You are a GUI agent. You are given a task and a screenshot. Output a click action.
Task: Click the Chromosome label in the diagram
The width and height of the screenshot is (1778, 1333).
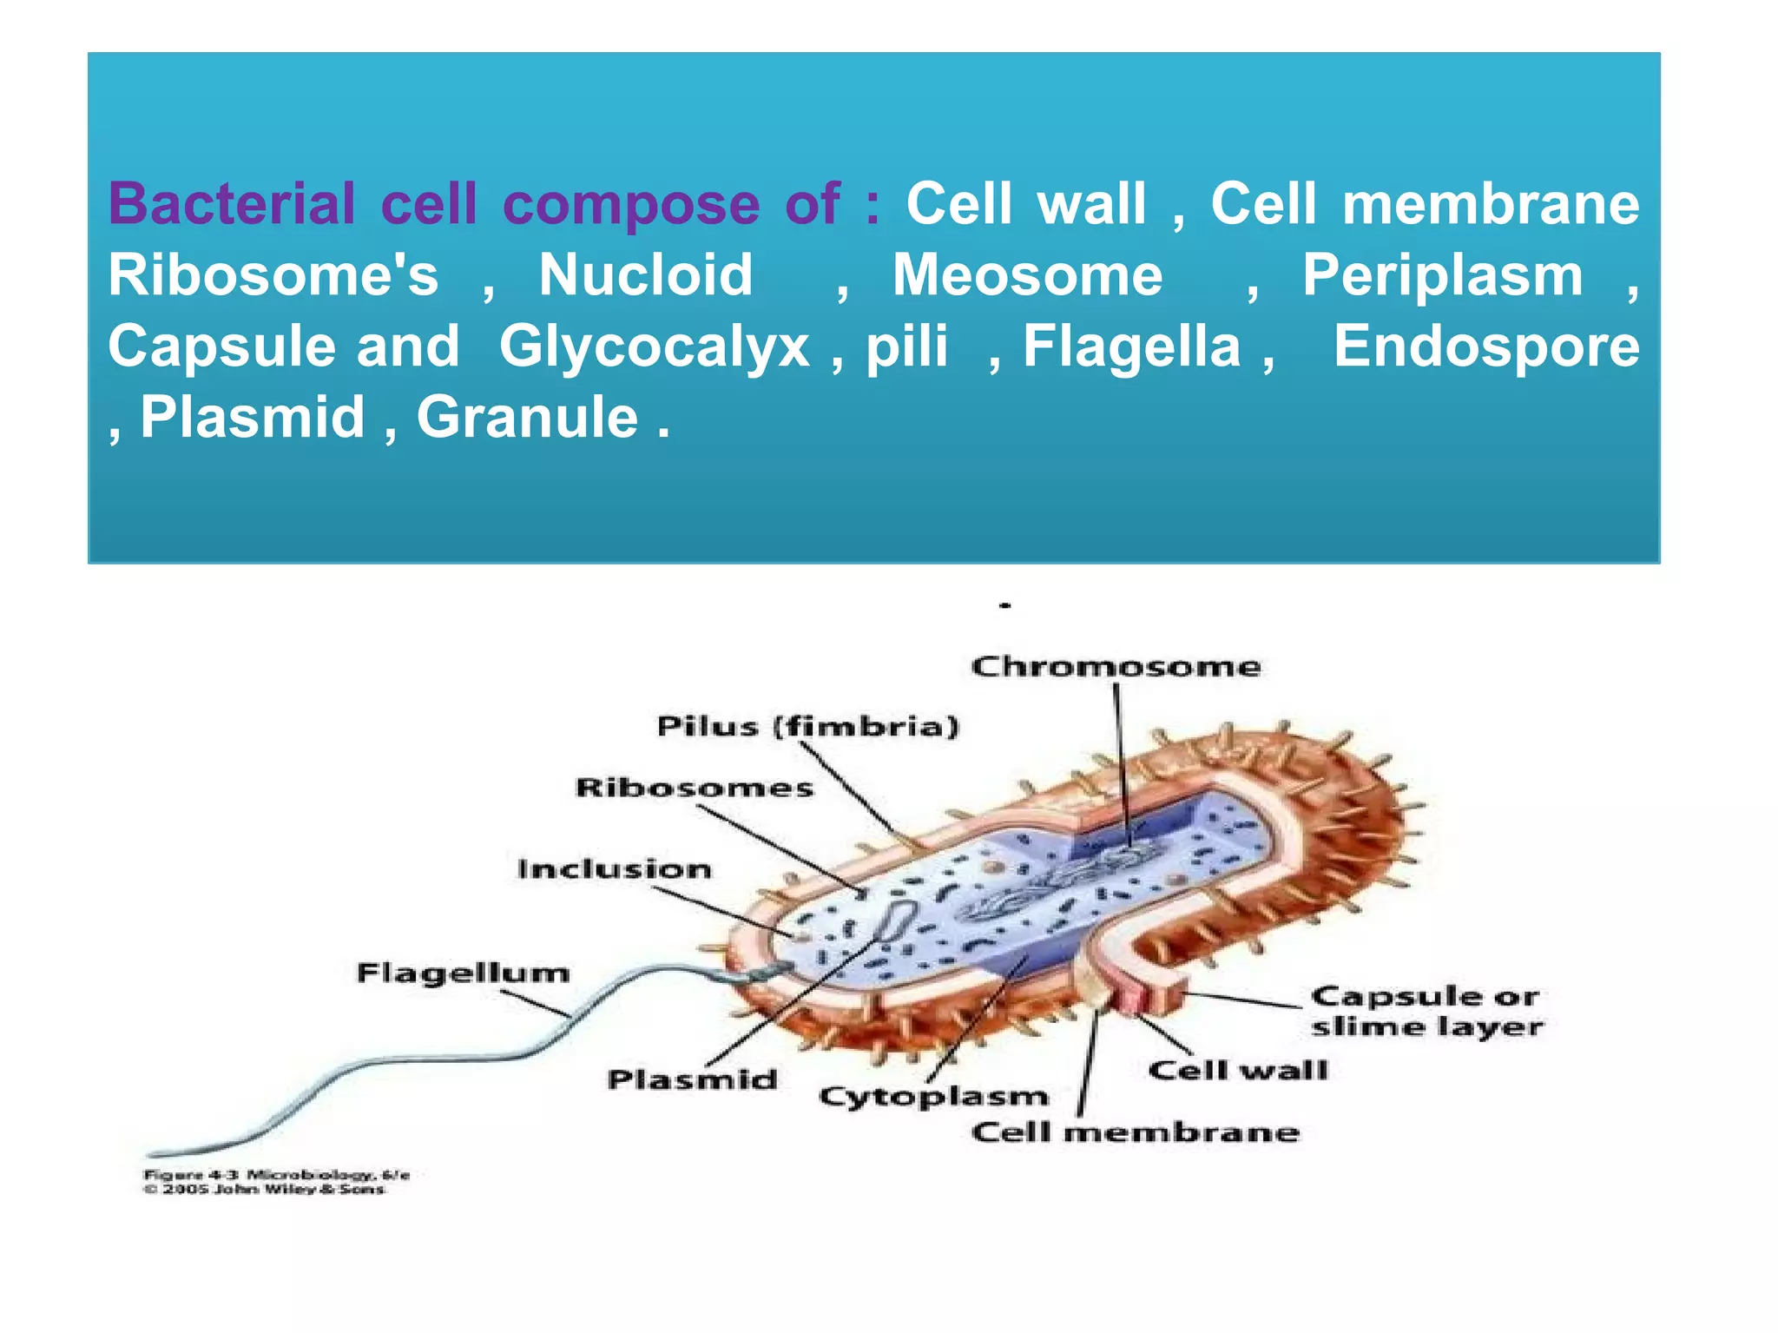(x=1116, y=667)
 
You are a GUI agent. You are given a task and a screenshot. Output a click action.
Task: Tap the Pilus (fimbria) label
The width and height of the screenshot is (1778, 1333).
(x=807, y=726)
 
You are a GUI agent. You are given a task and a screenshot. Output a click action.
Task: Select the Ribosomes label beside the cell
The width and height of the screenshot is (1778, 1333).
(x=695, y=788)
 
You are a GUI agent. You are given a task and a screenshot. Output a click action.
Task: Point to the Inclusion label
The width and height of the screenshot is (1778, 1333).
(x=614, y=869)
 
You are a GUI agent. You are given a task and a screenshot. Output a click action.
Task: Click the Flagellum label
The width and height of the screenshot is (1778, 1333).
(x=463, y=973)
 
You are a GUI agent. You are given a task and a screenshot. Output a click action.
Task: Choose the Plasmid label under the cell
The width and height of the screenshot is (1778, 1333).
(x=692, y=1079)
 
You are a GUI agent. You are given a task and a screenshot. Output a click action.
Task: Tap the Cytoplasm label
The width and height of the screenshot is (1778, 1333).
(x=933, y=1097)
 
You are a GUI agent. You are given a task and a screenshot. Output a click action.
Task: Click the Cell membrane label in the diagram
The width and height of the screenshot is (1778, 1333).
(x=1135, y=1132)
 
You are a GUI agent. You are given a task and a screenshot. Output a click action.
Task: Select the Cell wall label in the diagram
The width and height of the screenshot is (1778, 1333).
(x=1238, y=1070)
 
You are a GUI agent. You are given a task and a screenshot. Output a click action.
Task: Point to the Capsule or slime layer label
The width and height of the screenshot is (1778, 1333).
(x=1426, y=1011)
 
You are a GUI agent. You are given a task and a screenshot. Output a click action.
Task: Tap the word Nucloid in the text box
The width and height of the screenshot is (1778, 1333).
(x=645, y=275)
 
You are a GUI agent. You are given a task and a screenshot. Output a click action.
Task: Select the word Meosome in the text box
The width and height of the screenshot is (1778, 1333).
(x=1028, y=275)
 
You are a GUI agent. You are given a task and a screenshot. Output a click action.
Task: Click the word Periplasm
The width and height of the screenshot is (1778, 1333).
(x=1443, y=275)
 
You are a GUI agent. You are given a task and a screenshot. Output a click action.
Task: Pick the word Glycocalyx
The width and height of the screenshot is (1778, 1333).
(x=655, y=346)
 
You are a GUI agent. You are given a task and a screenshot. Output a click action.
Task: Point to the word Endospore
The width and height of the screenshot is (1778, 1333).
(x=1486, y=346)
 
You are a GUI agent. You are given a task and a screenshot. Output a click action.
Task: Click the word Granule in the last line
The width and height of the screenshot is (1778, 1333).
(x=528, y=418)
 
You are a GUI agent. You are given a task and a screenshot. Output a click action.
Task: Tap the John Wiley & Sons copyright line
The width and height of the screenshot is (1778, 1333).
(x=264, y=1189)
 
